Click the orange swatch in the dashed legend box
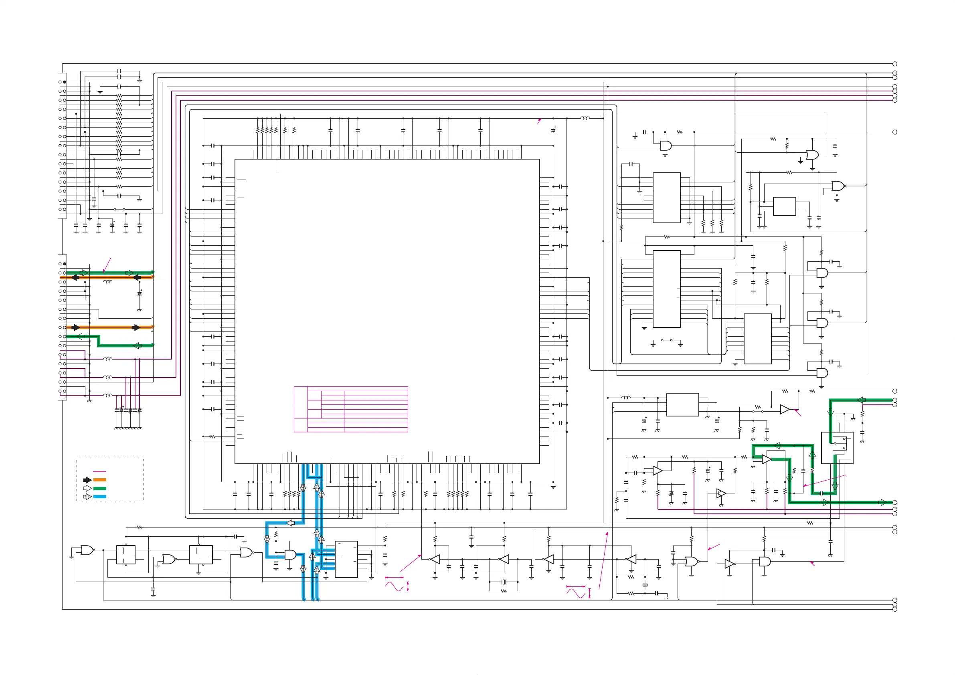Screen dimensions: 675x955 click(x=100, y=480)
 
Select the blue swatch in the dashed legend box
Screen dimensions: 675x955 click(x=100, y=497)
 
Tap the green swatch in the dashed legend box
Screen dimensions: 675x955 click(x=100, y=488)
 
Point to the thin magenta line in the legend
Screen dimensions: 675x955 click(x=99, y=472)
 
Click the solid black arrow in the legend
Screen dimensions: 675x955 click(x=87, y=480)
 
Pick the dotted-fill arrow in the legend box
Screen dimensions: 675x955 click(x=87, y=497)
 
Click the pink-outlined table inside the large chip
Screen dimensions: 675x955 click(x=351, y=409)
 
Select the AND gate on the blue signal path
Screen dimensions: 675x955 click(x=290, y=555)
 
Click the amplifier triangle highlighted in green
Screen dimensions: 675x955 click(x=767, y=460)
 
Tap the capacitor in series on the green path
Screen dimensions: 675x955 click(x=822, y=493)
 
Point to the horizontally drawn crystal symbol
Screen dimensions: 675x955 click(x=504, y=582)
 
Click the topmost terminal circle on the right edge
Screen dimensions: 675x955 click(x=895, y=64)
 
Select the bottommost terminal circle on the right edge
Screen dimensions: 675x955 click(x=895, y=609)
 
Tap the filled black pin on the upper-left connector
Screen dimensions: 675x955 click(x=65, y=82)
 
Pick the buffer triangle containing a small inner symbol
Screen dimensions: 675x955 click(x=721, y=494)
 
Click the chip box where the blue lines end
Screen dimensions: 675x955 click(x=346, y=560)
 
